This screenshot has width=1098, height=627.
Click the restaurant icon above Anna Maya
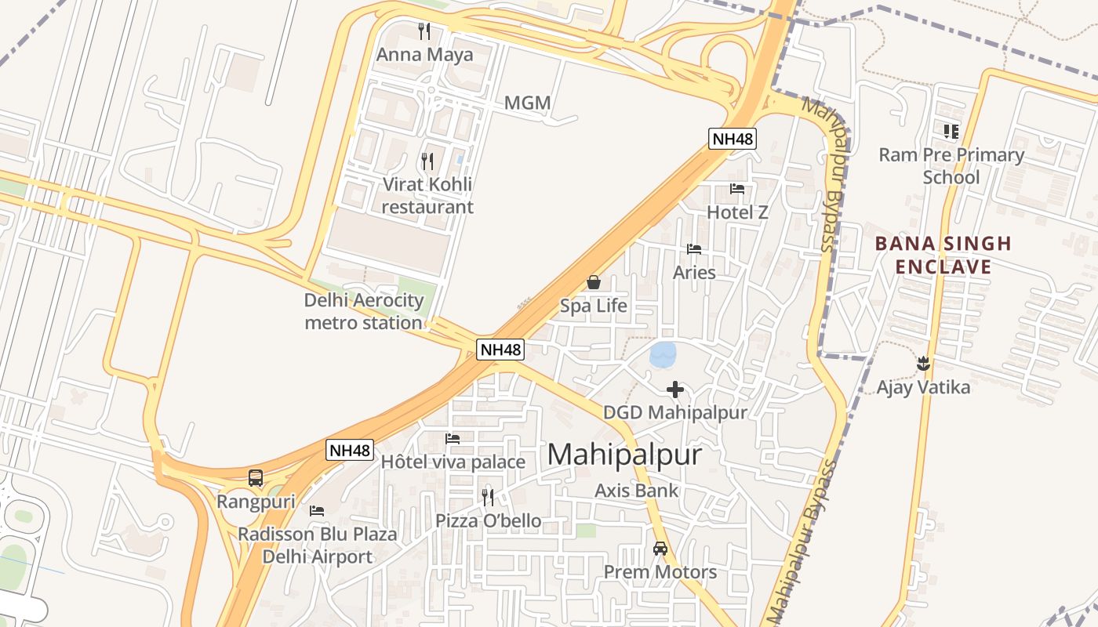click(x=424, y=31)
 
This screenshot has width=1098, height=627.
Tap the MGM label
click(x=527, y=103)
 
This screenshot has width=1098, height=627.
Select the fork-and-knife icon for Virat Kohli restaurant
click(x=427, y=161)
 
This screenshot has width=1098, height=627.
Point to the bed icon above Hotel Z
click(x=737, y=188)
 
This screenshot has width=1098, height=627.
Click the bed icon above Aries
click(x=694, y=249)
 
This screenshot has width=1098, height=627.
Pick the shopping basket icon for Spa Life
click(x=594, y=282)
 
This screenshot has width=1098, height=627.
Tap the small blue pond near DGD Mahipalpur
click(x=663, y=355)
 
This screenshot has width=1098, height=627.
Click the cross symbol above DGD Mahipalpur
click(x=675, y=389)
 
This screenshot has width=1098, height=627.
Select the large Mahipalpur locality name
click(x=624, y=455)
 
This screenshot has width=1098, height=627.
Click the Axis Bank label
click(x=637, y=491)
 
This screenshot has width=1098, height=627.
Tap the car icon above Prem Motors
click(x=660, y=549)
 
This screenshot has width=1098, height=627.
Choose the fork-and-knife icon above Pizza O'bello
click(x=488, y=497)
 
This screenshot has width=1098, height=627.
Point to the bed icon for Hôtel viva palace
click(x=453, y=439)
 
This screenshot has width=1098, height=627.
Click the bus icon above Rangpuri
click(x=256, y=477)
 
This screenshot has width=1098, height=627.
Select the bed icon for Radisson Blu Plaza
click(x=317, y=510)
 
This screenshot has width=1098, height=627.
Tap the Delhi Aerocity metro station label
click(x=363, y=311)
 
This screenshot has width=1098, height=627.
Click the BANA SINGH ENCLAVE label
click(x=943, y=255)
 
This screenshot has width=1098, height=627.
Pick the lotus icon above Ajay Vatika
click(x=923, y=364)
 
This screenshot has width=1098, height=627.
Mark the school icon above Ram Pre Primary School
click(x=951, y=132)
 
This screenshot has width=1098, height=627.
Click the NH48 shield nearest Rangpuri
click(x=349, y=450)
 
